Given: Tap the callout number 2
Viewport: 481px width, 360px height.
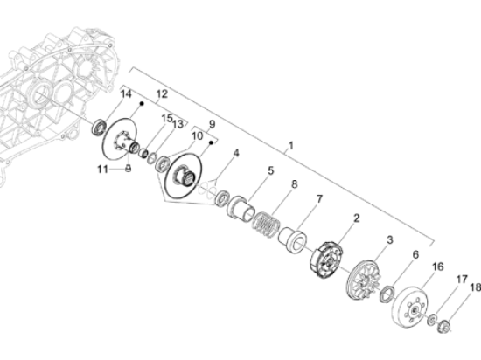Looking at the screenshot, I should tap(357, 218).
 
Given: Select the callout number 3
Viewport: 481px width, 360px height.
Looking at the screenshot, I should tap(390, 239).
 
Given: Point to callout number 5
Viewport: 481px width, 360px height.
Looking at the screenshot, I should tap(270, 170).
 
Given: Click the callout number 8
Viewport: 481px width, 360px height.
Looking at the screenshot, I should tap(295, 185).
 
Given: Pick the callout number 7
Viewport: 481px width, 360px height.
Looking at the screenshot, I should tap(318, 200).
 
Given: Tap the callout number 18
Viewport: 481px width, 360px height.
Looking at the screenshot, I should tap(476, 287).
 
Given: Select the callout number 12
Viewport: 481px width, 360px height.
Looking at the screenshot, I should tap(162, 93).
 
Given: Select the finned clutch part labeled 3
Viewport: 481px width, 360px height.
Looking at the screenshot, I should tap(365, 280).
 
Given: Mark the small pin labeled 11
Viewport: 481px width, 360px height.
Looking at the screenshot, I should tap(129, 170).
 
